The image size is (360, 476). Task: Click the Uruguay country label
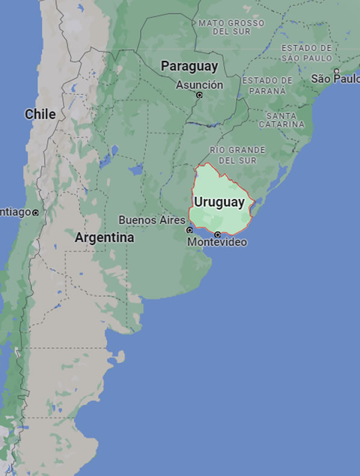(219, 202)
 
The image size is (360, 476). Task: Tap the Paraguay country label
(189, 66)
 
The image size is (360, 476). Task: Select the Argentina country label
(104, 238)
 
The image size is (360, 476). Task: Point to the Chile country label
(40, 114)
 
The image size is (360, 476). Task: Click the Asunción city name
(199, 85)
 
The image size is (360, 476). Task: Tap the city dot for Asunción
(200, 95)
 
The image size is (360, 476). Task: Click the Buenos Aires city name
(151, 220)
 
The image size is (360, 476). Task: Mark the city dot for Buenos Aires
(189, 230)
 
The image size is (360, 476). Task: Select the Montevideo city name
(217, 243)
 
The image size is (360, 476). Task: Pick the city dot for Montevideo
(218, 234)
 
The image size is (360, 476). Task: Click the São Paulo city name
(335, 79)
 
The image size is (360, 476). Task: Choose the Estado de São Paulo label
(306, 52)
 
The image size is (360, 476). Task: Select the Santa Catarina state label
(282, 119)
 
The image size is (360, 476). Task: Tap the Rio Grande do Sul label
(238, 154)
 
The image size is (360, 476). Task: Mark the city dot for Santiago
(36, 212)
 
